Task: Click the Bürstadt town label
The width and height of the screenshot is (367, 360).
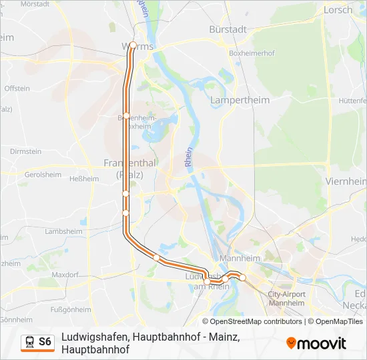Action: pos(228,29)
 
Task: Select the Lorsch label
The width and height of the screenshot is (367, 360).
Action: pos(338,10)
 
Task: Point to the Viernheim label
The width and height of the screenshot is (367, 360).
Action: pos(346,181)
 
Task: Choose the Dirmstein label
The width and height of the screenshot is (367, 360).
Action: pos(26,151)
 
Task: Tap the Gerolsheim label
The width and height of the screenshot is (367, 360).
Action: pos(43,175)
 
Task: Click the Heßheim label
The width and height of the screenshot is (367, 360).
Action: pos(84,179)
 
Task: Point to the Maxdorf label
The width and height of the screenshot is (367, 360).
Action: pos(65,275)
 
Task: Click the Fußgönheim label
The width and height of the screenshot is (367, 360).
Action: pos(71,309)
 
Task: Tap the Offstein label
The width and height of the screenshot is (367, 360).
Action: pos(17,88)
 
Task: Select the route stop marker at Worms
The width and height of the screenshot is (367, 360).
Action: pos(133,45)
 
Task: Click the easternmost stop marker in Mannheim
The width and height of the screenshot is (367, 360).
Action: pos(243,277)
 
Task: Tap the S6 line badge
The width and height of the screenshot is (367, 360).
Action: pos(45,342)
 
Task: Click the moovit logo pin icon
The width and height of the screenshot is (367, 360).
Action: pos(291,343)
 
